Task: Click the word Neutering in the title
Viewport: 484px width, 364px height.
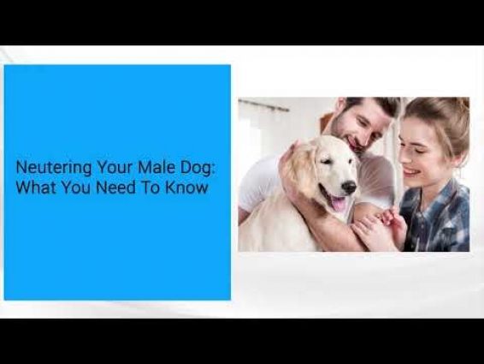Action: (53, 168)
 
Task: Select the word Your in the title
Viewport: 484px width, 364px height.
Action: (115, 167)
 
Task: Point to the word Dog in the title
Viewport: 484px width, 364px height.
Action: (196, 168)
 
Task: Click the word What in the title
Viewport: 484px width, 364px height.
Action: (36, 188)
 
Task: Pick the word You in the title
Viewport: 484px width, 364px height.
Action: (76, 188)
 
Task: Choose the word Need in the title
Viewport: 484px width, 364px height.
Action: (115, 188)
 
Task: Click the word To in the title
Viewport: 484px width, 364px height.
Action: (151, 188)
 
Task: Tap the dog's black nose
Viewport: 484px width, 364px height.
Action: (349, 187)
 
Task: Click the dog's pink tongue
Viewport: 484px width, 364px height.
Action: (338, 204)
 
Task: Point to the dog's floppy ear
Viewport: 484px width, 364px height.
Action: (301, 166)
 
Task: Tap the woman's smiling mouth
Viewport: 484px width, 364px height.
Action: (410, 171)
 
